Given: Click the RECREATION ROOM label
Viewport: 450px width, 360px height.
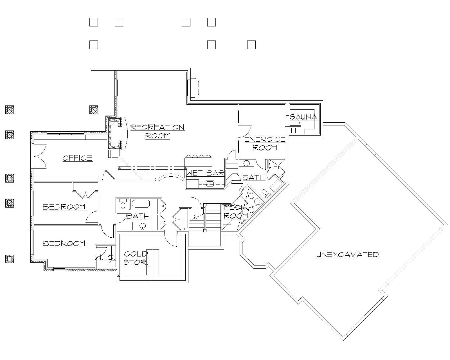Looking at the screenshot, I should click(157, 131).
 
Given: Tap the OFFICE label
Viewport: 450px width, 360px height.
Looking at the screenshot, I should click(77, 158).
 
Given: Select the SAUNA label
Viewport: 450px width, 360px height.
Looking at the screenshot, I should click(303, 117).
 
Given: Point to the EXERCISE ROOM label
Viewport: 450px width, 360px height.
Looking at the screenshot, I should click(265, 143).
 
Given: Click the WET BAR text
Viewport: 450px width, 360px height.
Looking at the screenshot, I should click(205, 173).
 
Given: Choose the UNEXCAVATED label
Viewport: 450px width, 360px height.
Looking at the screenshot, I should click(348, 255).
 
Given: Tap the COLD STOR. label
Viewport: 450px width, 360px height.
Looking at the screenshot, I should click(136, 258).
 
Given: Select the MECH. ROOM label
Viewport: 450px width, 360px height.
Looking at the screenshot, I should click(236, 212).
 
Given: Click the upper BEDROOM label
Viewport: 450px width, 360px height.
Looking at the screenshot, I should click(64, 207).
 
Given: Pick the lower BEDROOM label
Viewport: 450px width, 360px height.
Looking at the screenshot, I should click(64, 243).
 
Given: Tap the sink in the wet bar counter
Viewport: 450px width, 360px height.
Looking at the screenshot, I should click(210, 184).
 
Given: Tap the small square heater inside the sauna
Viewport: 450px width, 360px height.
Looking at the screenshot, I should click(293, 130).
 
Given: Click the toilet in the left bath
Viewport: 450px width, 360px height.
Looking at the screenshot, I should click(123, 204).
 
